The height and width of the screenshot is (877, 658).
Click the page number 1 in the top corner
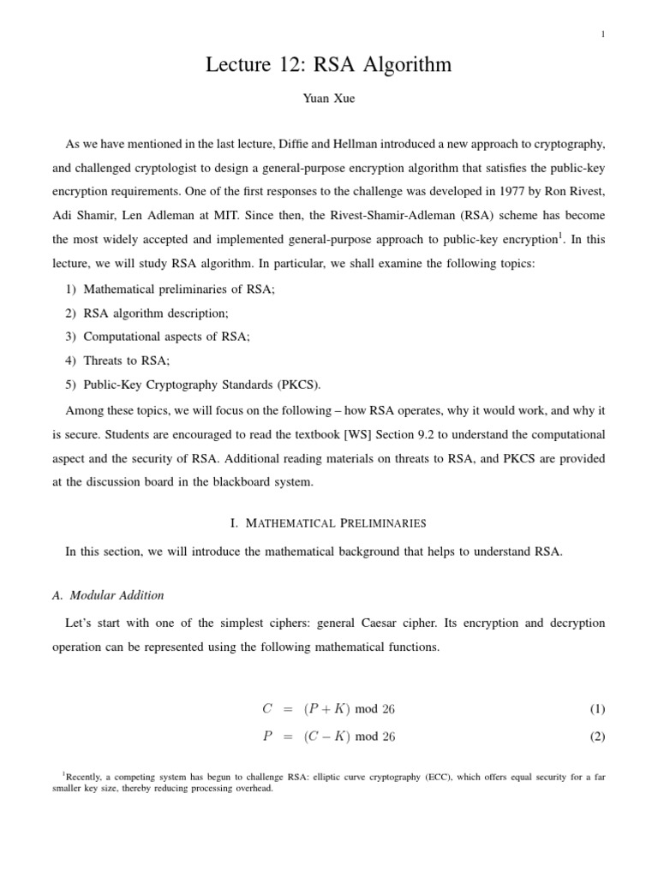[x=604, y=34]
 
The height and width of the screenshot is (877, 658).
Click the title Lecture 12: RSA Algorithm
[x=328, y=65]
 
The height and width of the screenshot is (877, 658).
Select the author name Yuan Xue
[x=328, y=99]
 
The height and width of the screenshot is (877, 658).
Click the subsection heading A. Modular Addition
[x=115, y=595]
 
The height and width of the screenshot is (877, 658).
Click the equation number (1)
[x=596, y=709]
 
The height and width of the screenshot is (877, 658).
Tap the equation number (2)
[x=596, y=737]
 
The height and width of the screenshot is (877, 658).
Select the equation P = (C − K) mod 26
[x=328, y=737]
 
